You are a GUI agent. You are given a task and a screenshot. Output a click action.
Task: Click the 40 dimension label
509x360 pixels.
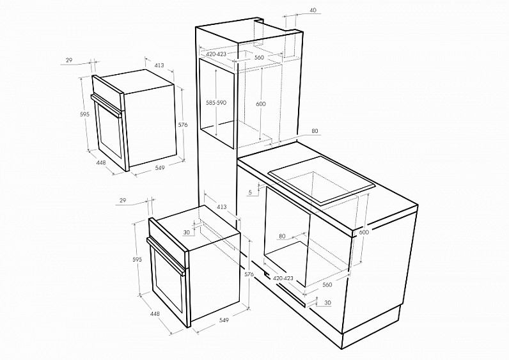313,10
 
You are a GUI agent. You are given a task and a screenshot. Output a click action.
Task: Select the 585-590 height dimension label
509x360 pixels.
216,102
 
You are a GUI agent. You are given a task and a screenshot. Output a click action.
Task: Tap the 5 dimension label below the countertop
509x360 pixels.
250,192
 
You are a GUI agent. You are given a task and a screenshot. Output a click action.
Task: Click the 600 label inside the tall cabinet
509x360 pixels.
261,104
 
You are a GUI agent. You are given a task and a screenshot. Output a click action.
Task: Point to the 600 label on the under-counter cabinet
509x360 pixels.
364,232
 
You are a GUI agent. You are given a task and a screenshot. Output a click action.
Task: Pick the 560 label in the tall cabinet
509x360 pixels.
259,58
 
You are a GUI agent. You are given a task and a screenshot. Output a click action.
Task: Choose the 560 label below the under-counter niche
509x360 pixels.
327,285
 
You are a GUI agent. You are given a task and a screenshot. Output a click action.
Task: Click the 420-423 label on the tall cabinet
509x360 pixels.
216,54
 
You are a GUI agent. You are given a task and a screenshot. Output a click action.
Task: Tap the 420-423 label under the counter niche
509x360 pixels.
283,278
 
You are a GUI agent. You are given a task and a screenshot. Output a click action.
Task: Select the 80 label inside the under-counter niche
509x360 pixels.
282,237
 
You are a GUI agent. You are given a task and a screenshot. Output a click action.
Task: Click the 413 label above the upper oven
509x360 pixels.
159,65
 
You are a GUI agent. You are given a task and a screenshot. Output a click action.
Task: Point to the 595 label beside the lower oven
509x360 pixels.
137,260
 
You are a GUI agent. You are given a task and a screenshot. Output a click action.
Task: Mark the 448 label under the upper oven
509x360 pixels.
101,162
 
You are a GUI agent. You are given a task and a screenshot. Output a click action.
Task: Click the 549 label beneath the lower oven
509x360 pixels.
224,320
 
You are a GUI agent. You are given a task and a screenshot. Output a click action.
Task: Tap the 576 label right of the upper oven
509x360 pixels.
183,125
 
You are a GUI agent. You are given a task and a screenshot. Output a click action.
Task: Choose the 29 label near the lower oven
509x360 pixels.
122,201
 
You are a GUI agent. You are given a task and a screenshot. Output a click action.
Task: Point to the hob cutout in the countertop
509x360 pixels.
322,180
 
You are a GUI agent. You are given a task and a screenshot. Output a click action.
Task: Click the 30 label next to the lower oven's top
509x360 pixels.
186,232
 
